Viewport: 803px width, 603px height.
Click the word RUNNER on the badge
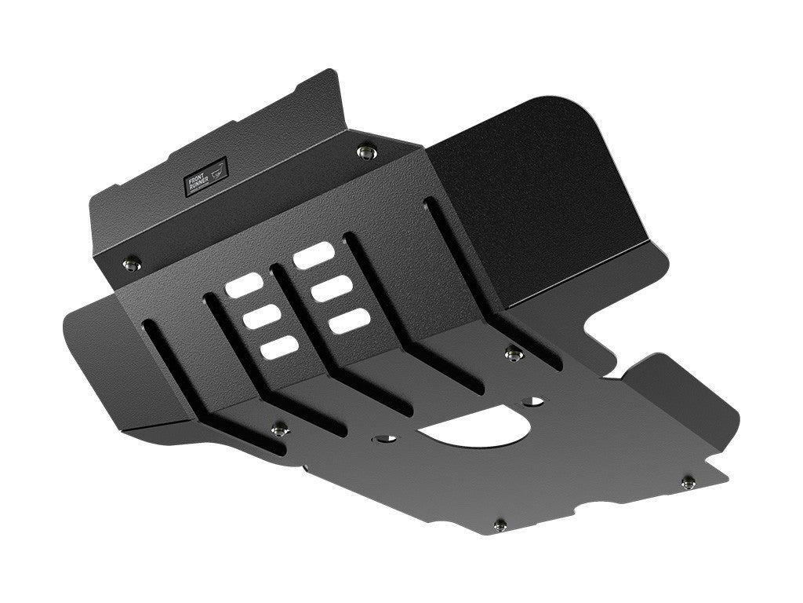click(201, 181)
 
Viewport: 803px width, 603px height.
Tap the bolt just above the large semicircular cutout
click(512, 354)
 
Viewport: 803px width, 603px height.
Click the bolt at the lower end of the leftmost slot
click(278, 428)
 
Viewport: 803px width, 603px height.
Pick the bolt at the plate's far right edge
click(688, 481)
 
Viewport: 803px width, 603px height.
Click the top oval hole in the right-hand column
click(312, 257)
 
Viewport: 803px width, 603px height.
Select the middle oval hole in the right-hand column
click(329, 288)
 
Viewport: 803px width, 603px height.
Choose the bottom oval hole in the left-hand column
click(279, 348)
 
